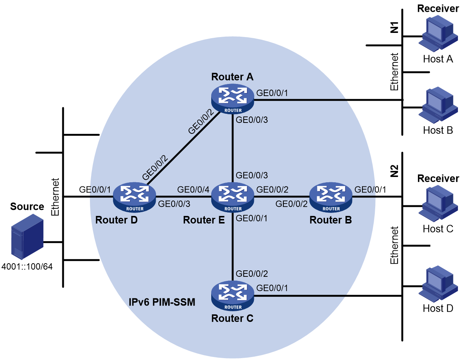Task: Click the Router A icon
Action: point(232,99)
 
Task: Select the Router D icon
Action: point(134,197)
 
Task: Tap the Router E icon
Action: point(232,197)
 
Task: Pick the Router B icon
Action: point(331,197)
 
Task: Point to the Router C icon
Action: point(232,296)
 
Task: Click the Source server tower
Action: point(27,237)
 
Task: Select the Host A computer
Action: point(438,34)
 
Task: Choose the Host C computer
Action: point(438,204)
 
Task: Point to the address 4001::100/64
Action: point(27,267)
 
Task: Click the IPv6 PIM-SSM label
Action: point(162,302)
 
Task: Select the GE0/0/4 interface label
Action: point(193,189)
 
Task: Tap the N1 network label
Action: point(394,27)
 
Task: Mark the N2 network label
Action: point(394,171)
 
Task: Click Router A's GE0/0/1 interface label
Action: point(272,93)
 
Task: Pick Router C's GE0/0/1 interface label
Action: point(272,288)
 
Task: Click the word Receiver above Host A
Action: point(438,8)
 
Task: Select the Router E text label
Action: point(204,220)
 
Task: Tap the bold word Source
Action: point(27,206)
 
